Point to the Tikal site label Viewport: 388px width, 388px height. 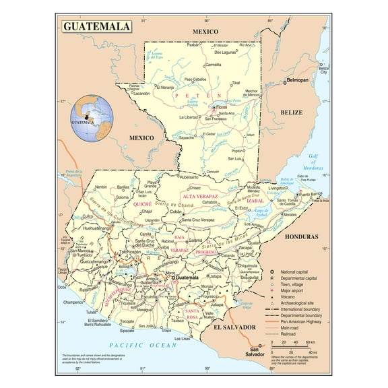[235, 83]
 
